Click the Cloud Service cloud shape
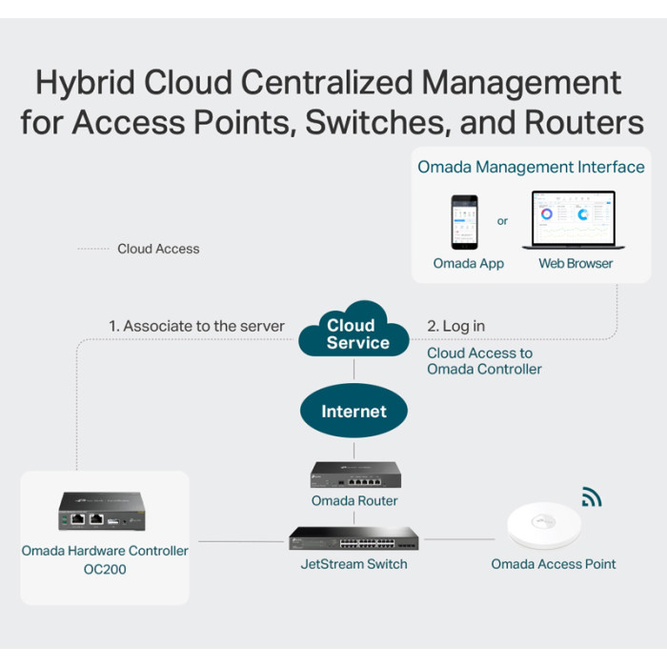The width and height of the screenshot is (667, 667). click(x=354, y=333)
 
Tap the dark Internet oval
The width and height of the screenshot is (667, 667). click(x=354, y=412)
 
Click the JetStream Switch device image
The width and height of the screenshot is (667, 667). click(x=354, y=538)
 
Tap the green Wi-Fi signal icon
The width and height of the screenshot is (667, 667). click(x=592, y=496)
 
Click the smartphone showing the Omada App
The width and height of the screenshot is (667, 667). click(x=464, y=222)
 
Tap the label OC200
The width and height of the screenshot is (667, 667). click(x=105, y=569)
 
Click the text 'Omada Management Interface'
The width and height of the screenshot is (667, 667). click(x=531, y=168)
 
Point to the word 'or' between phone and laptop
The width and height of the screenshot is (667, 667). click(x=503, y=221)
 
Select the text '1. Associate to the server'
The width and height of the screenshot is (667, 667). click(x=196, y=326)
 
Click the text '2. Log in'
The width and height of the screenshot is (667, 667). click(x=455, y=326)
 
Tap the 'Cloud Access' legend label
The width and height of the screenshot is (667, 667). click(x=158, y=249)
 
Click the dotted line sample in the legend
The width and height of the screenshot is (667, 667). click(x=92, y=249)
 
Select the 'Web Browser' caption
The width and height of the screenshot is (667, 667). click(x=576, y=263)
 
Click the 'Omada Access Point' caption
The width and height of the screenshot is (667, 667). click(x=554, y=564)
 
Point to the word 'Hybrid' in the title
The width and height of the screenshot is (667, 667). click(x=84, y=83)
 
